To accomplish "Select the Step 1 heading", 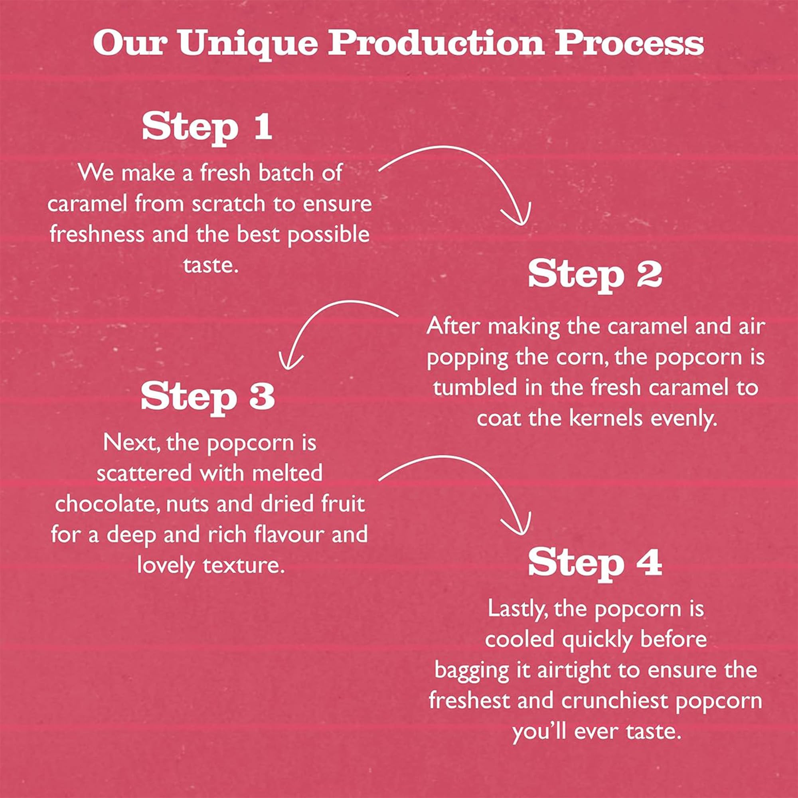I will (x=207, y=126).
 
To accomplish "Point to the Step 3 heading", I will (x=208, y=395).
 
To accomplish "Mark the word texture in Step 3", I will (x=244, y=565).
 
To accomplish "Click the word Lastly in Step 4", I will (x=518, y=609).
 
